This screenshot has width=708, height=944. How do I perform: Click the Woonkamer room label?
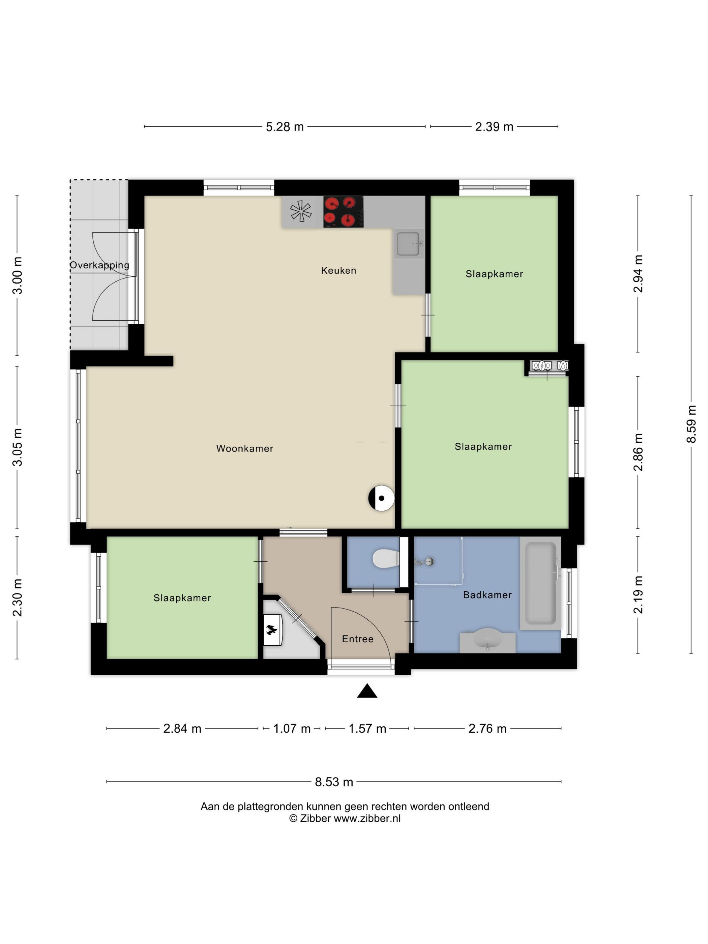244,448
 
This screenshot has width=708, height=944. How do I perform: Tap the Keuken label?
338,270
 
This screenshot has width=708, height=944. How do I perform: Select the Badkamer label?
488,594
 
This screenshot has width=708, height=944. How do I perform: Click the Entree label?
358,639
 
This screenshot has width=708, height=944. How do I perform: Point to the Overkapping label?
99,265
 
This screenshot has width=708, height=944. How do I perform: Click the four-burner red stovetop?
343,212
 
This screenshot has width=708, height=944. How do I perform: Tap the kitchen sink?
408,243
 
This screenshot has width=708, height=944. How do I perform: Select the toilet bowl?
386,559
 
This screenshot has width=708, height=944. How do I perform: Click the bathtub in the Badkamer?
541,583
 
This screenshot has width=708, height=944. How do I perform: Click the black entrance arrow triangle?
367,691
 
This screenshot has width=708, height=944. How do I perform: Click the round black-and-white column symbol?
381,498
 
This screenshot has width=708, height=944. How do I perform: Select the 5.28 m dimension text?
285,127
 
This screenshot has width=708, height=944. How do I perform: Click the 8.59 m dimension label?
691,424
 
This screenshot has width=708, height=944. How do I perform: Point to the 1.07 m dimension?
292,729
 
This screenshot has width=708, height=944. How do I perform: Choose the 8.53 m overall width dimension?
334,782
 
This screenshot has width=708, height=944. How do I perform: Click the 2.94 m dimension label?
638,273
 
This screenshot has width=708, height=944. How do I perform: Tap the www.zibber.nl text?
367,819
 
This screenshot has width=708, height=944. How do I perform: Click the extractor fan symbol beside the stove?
301,211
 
